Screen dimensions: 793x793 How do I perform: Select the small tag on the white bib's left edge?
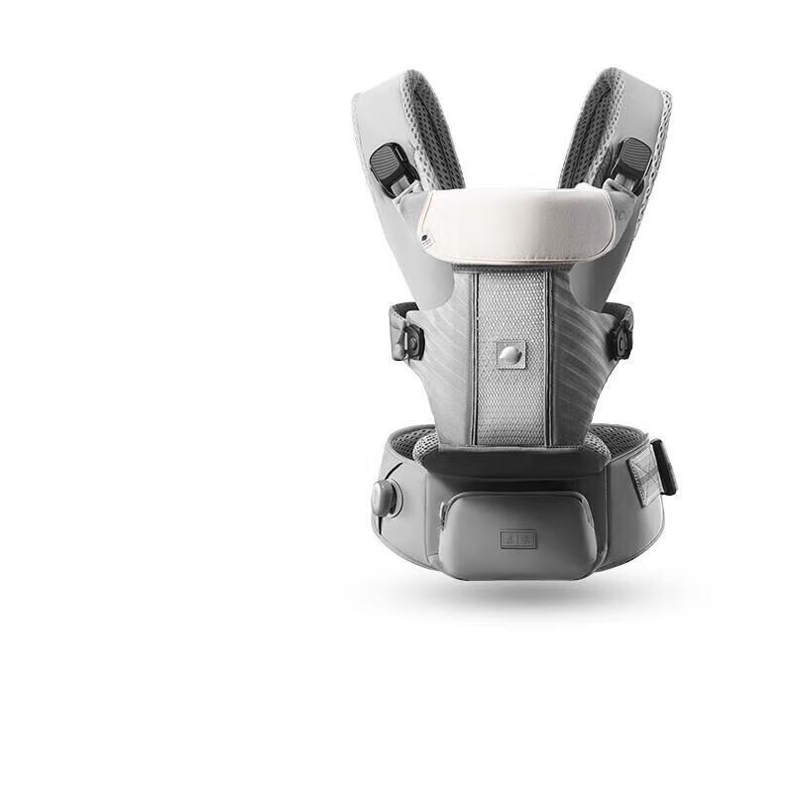[424, 238]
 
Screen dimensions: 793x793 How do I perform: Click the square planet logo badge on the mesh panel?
[510, 354]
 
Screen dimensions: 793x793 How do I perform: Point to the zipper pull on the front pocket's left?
[442, 512]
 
